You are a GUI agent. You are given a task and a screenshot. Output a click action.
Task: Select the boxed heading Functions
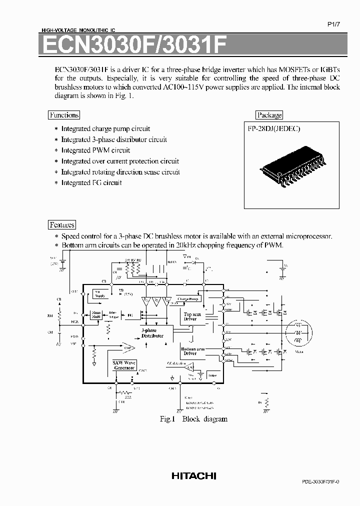[x=64, y=115]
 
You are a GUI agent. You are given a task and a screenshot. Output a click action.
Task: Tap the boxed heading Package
[x=269, y=115]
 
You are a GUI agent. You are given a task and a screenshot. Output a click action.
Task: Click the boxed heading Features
[x=62, y=225]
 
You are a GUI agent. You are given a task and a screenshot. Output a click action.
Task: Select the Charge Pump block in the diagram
[x=188, y=299]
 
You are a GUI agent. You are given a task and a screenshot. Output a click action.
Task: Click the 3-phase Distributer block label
[x=152, y=333]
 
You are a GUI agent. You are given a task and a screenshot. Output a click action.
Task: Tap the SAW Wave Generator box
[x=124, y=365]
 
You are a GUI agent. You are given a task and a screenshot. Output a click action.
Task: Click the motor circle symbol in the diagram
[x=298, y=331]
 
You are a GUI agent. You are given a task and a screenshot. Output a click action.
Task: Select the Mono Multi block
[x=96, y=314]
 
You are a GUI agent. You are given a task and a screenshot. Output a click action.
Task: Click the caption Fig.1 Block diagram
[x=193, y=419]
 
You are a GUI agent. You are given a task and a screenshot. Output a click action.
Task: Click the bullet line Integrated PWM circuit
[x=95, y=150]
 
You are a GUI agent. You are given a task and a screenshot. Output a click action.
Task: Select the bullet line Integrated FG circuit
[x=91, y=182]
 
